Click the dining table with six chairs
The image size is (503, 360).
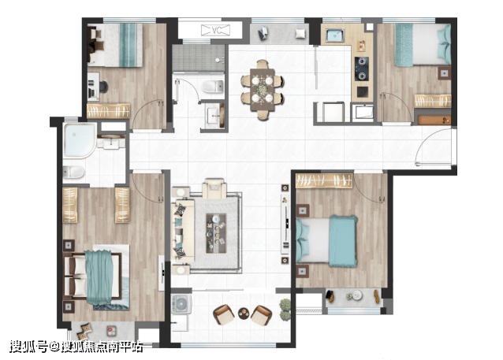[x=263, y=90]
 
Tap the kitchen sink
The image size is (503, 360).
[x=335, y=35]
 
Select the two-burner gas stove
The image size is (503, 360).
[x=362, y=69]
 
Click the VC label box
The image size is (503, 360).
[x=215, y=31]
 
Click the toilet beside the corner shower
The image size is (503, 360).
[x=73, y=173]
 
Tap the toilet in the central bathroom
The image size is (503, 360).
[x=212, y=87]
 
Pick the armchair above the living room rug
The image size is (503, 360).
[x=214, y=189]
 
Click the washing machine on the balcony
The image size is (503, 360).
[x=181, y=303]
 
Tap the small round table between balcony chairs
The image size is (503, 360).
[x=244, y=314]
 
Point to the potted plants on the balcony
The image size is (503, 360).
[x=285, y=310]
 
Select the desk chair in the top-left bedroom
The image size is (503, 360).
[x=103, y=87]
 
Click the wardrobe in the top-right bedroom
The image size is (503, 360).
[x=433, y=101]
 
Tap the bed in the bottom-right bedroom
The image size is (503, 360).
[x=326, y=241]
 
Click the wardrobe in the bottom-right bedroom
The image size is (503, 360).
[x=324, y=181]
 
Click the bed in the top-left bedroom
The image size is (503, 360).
[x=115, y=45]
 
